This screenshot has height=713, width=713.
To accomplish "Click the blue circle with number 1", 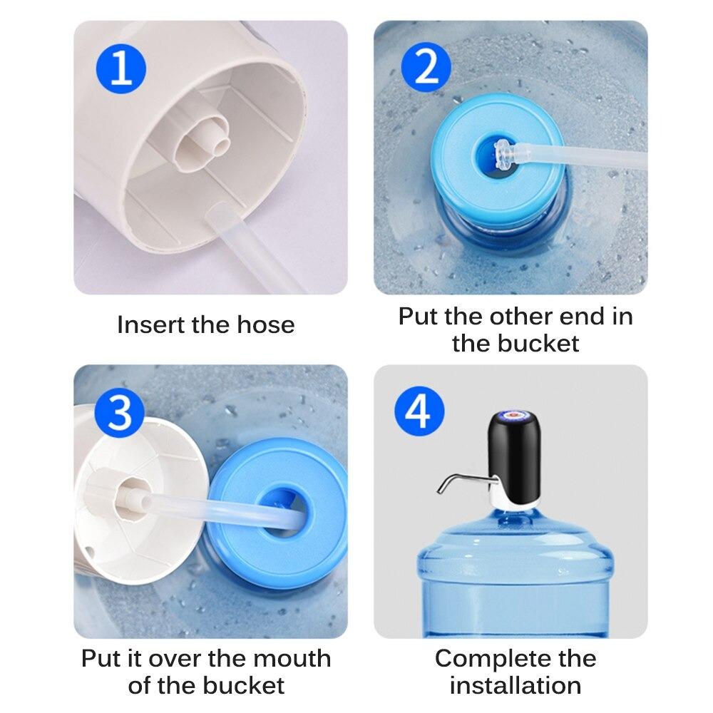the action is pos(121,68).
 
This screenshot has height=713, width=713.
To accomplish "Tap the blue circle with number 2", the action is pos(426,68).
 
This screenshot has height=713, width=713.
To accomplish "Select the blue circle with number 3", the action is pos(120,413).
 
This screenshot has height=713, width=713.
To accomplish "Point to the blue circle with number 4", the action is pos(419,411).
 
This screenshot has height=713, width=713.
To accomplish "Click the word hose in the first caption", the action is pos(265,325).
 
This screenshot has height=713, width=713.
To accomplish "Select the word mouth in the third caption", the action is pos(292,658).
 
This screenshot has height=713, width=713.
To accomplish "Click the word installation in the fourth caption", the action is pos(515,686).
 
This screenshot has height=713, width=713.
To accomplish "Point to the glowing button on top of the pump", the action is pos(514,415).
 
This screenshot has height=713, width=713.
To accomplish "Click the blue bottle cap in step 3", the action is pos(278,514).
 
